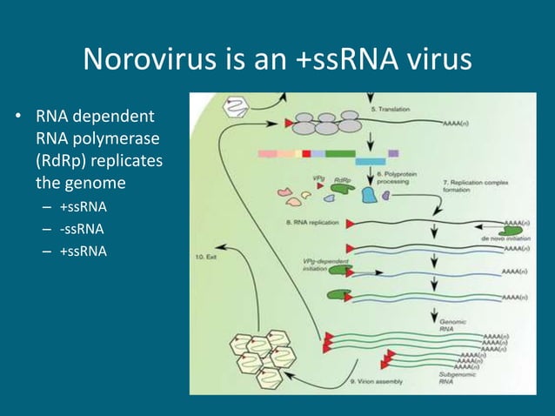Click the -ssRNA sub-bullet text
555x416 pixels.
tap(82, 229)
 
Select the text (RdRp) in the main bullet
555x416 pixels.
tap(66, 162)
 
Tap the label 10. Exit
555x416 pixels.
tap(211, 257)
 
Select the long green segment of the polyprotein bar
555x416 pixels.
tap(340, 153)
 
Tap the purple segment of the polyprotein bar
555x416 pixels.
tap(393, 153)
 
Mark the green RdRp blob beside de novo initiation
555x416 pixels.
tap(512, 225)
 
